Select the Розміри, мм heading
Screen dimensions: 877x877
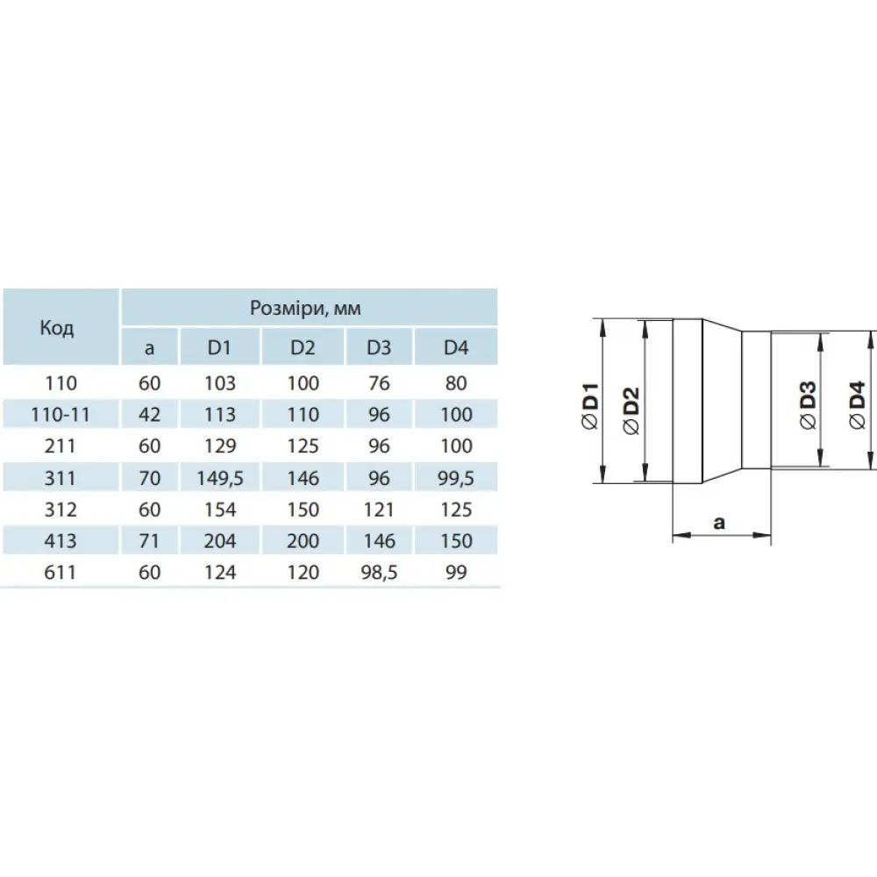tap(305, 308)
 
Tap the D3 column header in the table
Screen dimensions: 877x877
tap(379, 347)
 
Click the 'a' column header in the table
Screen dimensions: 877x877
tap(149, 348)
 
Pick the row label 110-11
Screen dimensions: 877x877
tap(61, 415)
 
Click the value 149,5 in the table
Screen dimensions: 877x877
tap(220, 478)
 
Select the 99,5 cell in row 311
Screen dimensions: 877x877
tap(456, 478)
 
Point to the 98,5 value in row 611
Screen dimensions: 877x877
tap(379, 572)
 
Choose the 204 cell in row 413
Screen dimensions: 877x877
tap(220, 541)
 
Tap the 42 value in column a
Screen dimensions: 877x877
tap(149, 415)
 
